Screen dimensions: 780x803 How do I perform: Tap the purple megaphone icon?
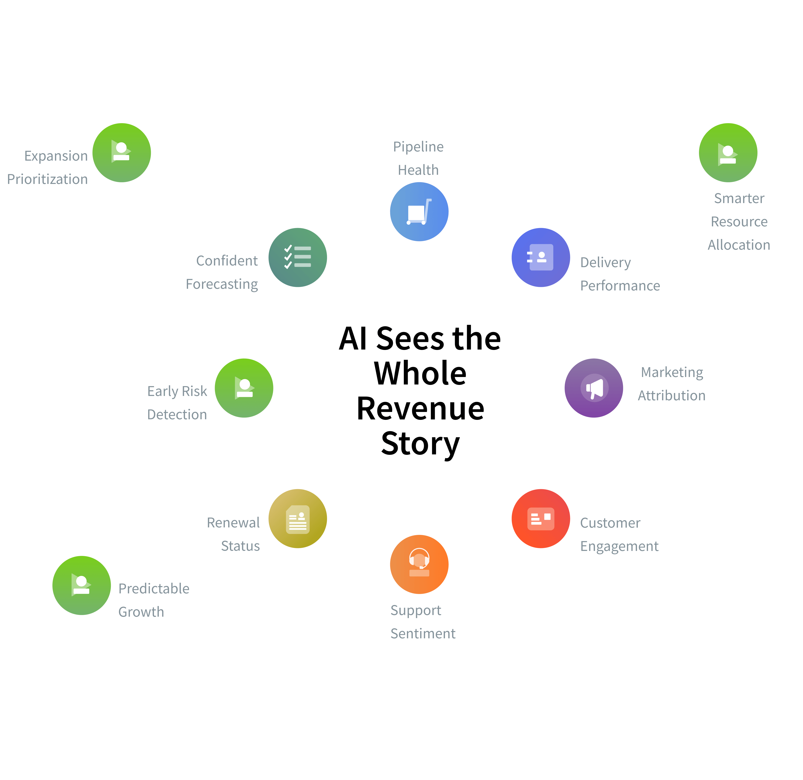tap(594, 388)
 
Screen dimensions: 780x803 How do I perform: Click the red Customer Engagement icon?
tap(541, 519)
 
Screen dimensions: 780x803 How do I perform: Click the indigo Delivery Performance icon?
tap(541, 257)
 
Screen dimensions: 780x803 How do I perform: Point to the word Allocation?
tap(739, 245)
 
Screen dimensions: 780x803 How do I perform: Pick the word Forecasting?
tap(222, 284)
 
